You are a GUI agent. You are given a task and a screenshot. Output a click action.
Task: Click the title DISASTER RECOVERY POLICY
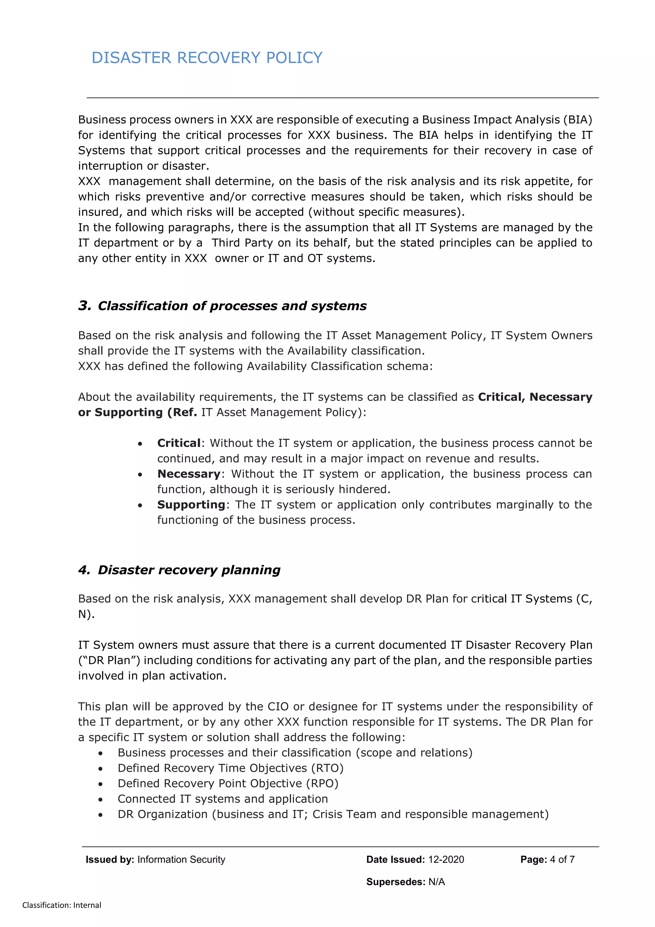(x=207, y=58)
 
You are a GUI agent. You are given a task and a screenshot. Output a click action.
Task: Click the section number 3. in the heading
(x=85, y=306)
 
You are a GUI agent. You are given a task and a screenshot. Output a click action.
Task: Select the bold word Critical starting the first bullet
(x=179, y=443)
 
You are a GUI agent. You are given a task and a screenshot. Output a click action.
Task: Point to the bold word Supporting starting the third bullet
(x=191, y=505)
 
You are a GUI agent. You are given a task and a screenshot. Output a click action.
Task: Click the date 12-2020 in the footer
(x=446, y=859)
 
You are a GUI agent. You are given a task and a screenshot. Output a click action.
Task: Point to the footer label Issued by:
(x=110, y=859)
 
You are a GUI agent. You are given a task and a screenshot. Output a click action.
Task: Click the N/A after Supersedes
(x=437, y=882)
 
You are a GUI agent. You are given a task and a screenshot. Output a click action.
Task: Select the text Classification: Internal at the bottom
(x=62, y=905)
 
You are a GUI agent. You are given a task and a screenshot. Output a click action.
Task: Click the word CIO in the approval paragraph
(x=278, y=707)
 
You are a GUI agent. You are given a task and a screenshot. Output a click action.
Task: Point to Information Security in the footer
(x=181, y=859)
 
